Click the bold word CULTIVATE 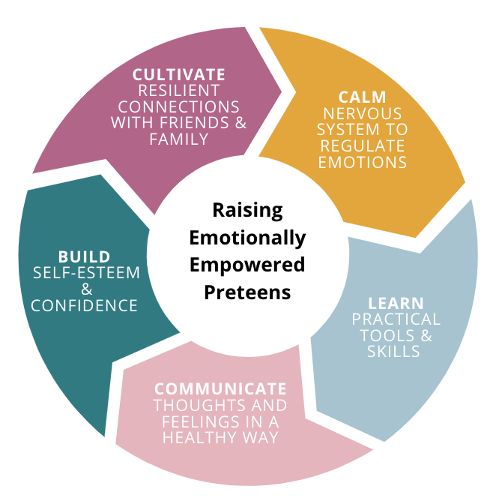click(x=178, y=74)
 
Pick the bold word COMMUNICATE click(x=220, y=388)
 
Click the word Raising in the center click(x=247, y=211)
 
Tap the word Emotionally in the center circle click(x=247, y=238)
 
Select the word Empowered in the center click(x=247, y=265)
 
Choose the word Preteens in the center click(x=247, y=292)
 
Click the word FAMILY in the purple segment click(x=178, y=139)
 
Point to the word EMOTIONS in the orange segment click(x=363, y=161)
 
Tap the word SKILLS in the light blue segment click(x=393, y=352)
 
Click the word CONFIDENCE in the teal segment click(x=86, y=305)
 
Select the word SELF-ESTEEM click(x=86, y=272)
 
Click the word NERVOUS click(x=363, y=113)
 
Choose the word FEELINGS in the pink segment click(x=188, y=421)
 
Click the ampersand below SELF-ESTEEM click(x=86, y=289)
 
